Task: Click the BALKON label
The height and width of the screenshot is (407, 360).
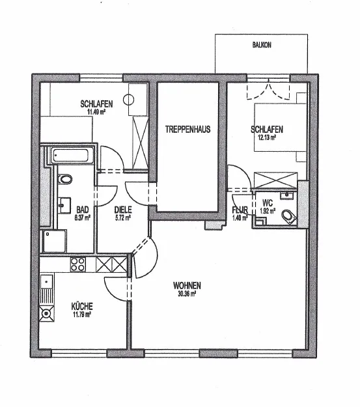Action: point(262,45)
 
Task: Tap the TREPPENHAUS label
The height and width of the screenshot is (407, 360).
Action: point(187,130)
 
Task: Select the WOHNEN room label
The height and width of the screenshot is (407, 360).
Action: point(187,285)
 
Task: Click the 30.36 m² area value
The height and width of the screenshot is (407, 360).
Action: point(187,294)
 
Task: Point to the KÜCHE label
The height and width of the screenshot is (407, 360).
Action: point(82,306)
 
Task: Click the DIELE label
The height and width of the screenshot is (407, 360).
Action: point(123,210)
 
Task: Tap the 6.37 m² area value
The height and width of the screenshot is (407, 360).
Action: point(82,218)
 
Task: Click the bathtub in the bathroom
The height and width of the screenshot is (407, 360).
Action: point(71,156)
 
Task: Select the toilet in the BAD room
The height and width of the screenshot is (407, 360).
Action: point(65,179)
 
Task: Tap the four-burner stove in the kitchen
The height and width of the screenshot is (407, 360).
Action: point(78,264)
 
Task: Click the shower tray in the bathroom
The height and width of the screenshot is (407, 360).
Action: point(55,241)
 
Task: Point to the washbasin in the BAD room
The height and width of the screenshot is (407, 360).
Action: point(64,205)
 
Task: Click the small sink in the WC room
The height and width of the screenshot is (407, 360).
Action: point(287,195)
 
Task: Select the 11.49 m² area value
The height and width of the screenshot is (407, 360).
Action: point(96,112)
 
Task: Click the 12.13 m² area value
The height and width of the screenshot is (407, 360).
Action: point(267,137)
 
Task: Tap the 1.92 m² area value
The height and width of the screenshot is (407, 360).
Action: point(268,211)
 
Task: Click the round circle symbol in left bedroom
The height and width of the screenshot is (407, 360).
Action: point(128,100)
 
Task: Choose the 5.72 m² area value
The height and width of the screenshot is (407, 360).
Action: point(123,218)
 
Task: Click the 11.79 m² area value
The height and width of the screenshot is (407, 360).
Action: point(81,315)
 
